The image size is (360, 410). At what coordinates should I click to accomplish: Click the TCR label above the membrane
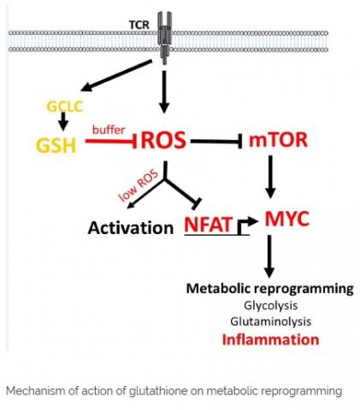click(139, 25)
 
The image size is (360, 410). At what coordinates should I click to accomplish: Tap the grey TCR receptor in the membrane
click(164, 38)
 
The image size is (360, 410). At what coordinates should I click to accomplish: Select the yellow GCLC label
click(64, 107)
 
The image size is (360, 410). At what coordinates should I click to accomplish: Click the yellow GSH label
click(56, 145)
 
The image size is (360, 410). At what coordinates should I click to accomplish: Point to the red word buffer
click(109, 130)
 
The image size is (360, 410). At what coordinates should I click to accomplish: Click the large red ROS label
click(163, 140)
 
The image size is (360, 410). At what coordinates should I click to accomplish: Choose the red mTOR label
click(278, 140)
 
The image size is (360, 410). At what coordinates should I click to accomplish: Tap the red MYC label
click(287, 219)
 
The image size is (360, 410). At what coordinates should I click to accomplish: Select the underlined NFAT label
click(209, 225)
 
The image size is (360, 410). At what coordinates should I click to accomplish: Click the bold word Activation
click(131, 228)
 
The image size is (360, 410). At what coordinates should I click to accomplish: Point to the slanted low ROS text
click(139, 185)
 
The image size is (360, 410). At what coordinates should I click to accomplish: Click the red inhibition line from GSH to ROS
click(111, 141)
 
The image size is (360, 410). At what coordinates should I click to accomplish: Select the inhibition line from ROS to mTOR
click(216, 141)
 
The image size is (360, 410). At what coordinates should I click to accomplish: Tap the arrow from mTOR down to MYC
click(270, 177)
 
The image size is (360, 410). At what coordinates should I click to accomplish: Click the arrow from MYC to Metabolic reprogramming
click(269, 256)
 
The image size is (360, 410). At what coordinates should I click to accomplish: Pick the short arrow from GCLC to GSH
click(63, 121)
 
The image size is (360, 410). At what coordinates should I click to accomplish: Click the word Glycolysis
click(271, 306)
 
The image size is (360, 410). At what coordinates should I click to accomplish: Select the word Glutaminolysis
click(271, 321)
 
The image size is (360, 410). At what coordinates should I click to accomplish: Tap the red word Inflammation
click(270, 339)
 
